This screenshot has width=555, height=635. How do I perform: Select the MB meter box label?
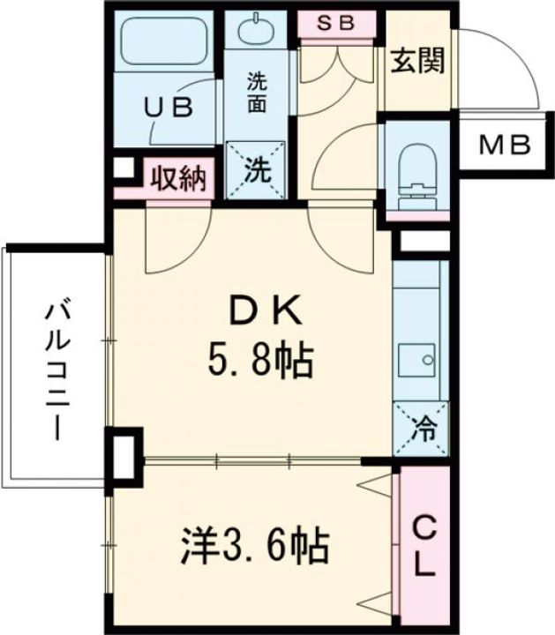505,145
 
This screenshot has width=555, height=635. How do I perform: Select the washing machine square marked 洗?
257,170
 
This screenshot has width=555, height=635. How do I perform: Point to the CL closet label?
424,547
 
